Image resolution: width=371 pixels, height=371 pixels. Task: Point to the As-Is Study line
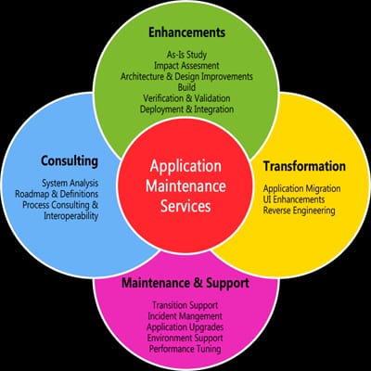pyautogui.click(x=188, y=56)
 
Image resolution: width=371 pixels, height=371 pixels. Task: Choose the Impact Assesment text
pyautogui.click(x=188, y=68)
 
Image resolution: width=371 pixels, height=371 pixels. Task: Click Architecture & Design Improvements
pyautogui.click(x=188, y=78)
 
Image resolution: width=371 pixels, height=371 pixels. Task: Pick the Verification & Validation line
pyautogui.click(x=188, y=99)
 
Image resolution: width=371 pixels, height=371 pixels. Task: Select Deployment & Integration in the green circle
pyautogui.click(x=188, y=110)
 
